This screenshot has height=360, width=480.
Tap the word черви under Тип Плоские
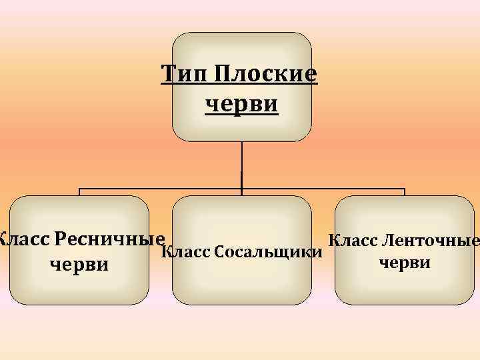[241, 104]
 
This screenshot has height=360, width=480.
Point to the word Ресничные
[111, 238]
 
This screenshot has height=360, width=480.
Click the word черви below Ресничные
[79, 264]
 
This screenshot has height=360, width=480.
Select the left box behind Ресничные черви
[79, 287]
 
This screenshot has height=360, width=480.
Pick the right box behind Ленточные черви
[405, 287]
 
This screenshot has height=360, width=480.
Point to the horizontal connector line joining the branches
[160, 189]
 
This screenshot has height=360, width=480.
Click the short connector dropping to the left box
[80, 193]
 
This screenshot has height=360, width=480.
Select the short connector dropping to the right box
[405, 193]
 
